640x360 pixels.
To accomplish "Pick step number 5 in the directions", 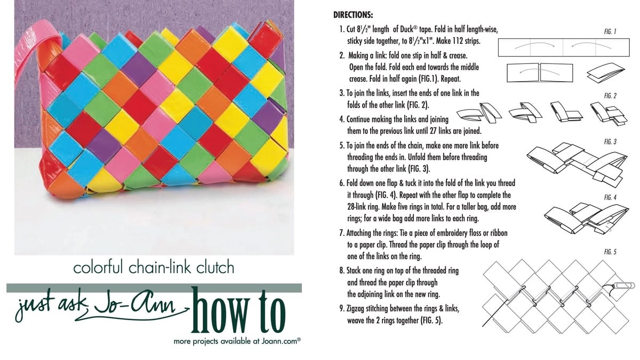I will point(341,145).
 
